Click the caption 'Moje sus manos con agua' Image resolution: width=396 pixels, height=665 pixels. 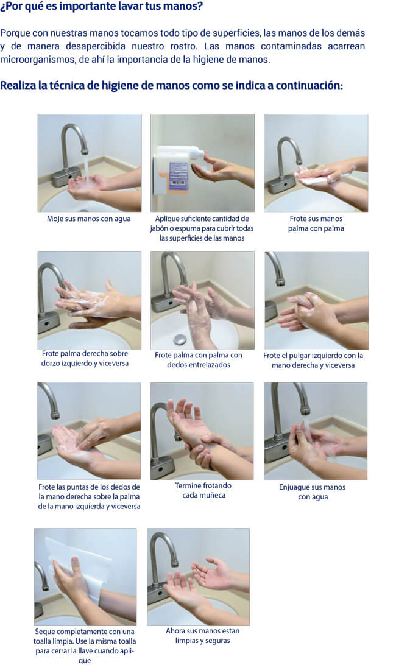point(89,219)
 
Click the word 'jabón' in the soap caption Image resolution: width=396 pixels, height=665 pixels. point(158,228)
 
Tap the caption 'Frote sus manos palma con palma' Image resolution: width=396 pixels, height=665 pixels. point(316,223)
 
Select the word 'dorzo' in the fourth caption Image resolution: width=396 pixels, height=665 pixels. point(51,363)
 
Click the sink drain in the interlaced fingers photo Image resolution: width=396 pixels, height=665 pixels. point(180,339)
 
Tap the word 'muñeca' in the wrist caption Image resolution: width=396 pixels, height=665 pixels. point(213,495)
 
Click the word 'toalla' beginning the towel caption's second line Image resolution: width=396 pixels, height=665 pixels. point(44,641)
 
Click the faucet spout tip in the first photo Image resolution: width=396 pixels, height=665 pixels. point(85,151)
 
